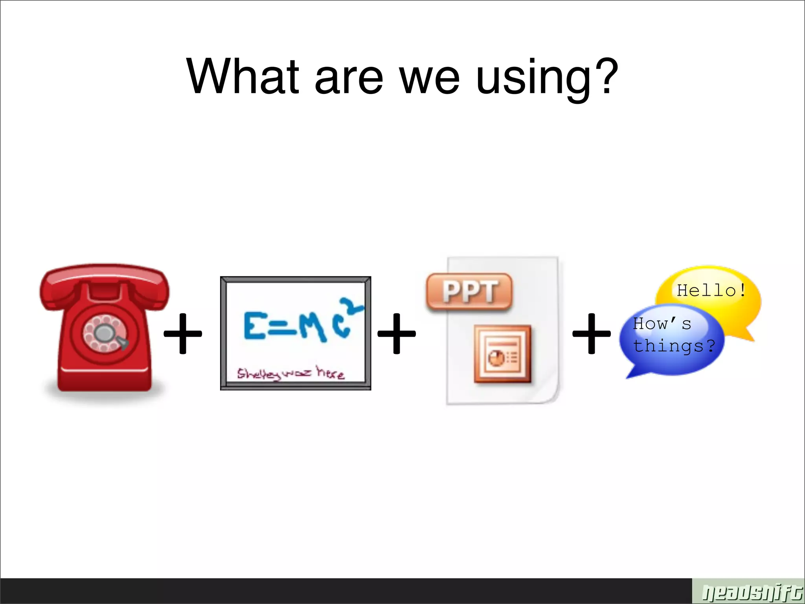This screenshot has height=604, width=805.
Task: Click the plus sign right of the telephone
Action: (x=183, y=333)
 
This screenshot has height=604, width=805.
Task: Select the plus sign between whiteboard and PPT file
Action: (x=396, y=333)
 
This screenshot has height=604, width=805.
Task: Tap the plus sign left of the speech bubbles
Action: (x=592, y=333)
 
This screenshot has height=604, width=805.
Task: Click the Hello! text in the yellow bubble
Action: (x=711, y=291)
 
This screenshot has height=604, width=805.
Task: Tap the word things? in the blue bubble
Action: (x=674, y=346)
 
